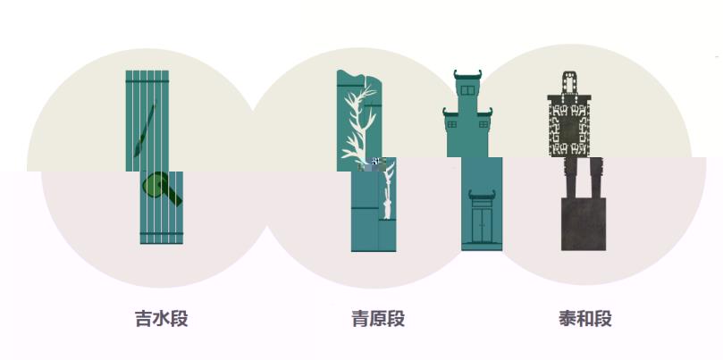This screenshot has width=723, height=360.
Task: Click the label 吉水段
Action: click(162, 319)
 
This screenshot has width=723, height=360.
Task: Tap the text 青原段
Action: click(378, 319)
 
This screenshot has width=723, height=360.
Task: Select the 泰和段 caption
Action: click(585, 319)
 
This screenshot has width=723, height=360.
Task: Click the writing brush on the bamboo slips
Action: click(146, 129)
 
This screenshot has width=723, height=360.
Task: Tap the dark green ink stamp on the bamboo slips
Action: click(162, 188)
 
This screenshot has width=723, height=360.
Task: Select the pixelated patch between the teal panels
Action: click(372, 163)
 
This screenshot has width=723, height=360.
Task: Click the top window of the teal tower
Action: click(467, 90)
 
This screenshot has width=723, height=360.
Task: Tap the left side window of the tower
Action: click(452, 124)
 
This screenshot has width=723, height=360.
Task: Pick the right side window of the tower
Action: click(483, 124)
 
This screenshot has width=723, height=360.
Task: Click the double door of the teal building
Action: click(482, 225)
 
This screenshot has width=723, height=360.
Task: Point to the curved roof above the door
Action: click(482, 195)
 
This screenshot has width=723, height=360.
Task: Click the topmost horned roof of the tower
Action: click(467, 75)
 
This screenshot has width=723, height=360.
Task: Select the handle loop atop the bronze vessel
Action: click(569, 83)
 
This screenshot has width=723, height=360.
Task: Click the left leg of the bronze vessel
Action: click(571, 178)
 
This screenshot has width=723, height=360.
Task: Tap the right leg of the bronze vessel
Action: click(596, 178)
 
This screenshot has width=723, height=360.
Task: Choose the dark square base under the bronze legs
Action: click(584, 224)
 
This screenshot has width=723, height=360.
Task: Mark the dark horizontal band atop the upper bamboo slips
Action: click(147, 81)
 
